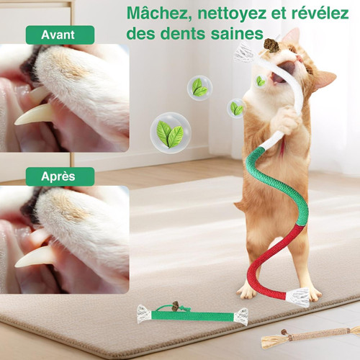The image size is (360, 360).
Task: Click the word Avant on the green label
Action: [x=58, y=35]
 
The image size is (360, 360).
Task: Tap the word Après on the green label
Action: [x=58, y=176]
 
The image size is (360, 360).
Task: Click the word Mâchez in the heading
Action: [x=160, y=14]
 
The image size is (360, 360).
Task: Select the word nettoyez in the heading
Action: [x=232, y=14]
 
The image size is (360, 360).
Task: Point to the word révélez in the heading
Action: [x=320, y=13]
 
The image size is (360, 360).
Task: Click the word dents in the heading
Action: [x=183, y=33]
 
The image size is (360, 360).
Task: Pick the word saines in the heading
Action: [x=237, y=33]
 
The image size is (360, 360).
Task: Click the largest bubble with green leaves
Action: [x=171, y=132]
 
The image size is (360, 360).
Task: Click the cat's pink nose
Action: [x=300, y=58]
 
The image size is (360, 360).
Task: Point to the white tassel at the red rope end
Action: [x=298, y=297]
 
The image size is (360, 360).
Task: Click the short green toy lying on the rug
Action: [x=192, y=314]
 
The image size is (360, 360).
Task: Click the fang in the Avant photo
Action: [x=34, y=115]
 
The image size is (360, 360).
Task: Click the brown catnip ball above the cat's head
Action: [x=272, y=45]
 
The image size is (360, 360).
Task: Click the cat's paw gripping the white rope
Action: [x=286, y=120]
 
